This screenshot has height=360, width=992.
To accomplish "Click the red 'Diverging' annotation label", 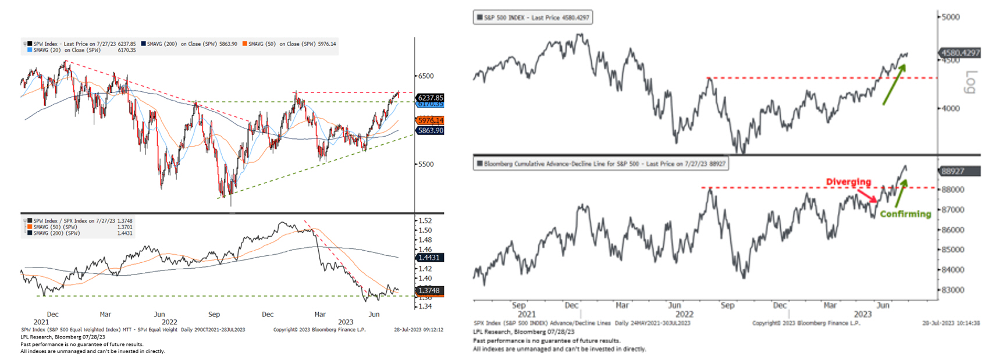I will click(x=848, y=182).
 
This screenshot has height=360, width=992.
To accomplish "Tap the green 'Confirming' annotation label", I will click(x=905, y=214).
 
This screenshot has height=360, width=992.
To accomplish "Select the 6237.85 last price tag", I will click(x=431, y=98).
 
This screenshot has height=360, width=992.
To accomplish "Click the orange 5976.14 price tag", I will click(x=431, y=120).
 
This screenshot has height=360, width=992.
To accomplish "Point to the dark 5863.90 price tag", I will click(x=431, y=131).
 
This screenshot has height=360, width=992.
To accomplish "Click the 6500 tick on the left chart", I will click(x=425, y=76).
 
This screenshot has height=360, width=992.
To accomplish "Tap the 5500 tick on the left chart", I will click(x=425, y=165).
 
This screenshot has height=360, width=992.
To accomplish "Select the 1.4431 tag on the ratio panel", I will click(x=430, y=257).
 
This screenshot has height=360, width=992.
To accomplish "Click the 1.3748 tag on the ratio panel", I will click(x=430, y=290).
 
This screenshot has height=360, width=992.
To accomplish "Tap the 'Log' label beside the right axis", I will click(x=970, y=82).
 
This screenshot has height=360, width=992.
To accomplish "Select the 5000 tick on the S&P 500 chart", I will click(x=951, y=17).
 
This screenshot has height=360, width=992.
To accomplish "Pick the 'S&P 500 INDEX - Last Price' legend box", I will click(x=532, y=18).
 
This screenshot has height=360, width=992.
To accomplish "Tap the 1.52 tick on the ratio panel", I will click(x=425, y=221).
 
